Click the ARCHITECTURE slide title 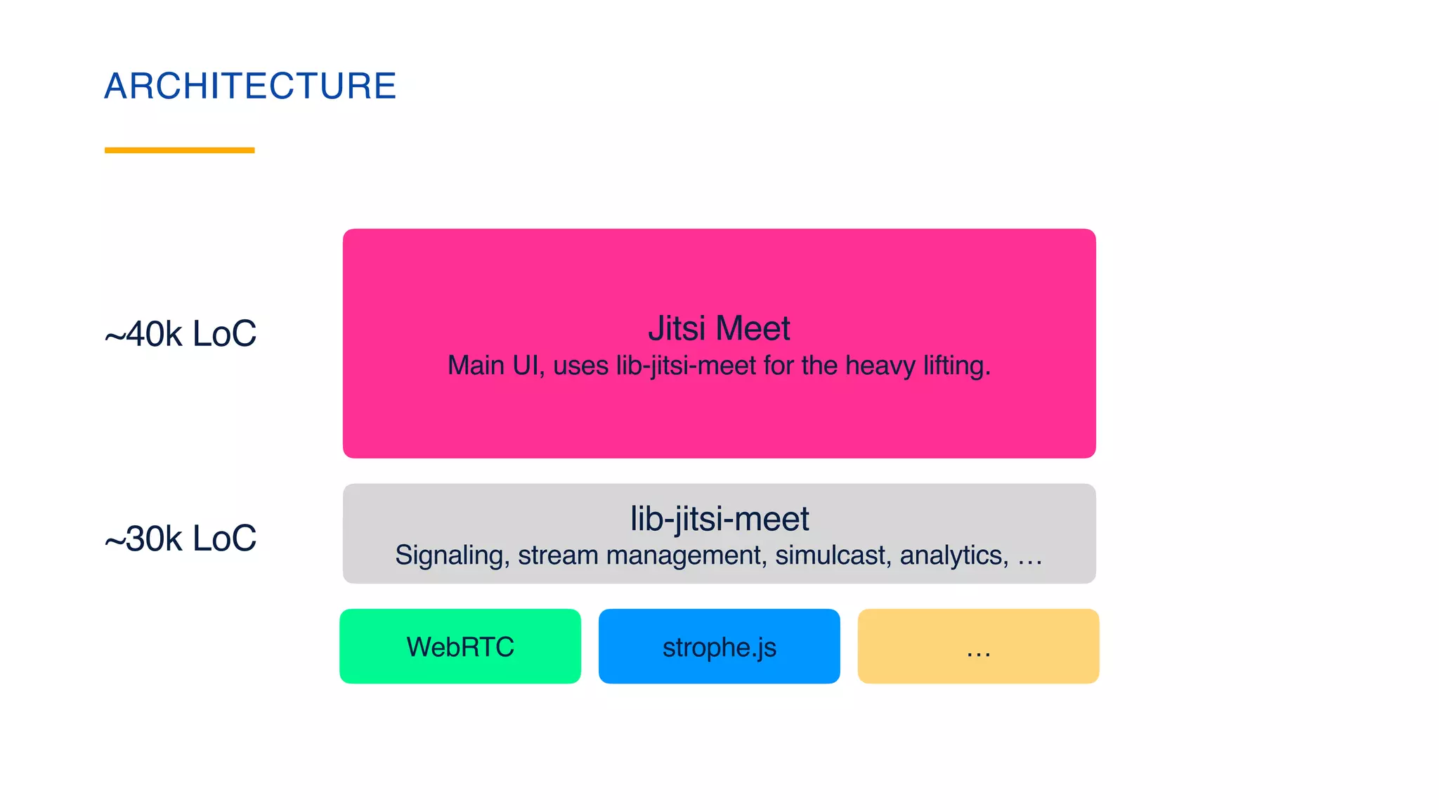[250, 86]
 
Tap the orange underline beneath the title [179, 150]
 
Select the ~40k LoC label [181, 333]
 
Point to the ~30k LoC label [181, 539]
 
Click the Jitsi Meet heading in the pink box [719, 328]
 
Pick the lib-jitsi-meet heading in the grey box [719, 519]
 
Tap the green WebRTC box [460, 646]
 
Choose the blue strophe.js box [719, 646]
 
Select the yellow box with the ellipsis [978, 646]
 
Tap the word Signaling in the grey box [452, 555]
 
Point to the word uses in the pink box [580, 366]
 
